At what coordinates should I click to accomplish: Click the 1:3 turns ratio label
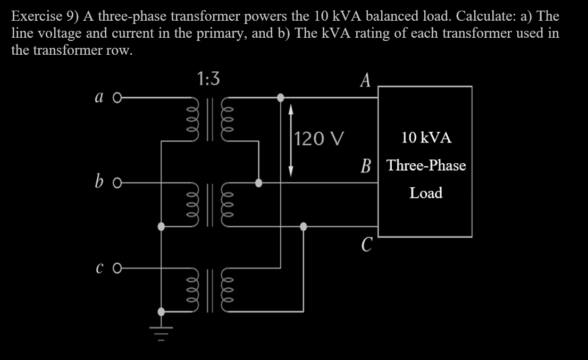point(207,79)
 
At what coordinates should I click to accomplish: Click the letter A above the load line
point(365,80)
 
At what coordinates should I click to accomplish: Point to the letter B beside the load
point(366,165)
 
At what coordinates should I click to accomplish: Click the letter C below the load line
point(365,245)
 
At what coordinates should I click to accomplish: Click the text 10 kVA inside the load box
point(426,138)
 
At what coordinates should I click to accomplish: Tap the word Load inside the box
point(426,192)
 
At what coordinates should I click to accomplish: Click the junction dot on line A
point(281,97)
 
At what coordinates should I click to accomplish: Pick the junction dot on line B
point(259,183)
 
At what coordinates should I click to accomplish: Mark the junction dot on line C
point(303,226)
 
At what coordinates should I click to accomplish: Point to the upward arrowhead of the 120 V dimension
point(290,110)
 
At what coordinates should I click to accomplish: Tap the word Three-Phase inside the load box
point(426,165)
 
